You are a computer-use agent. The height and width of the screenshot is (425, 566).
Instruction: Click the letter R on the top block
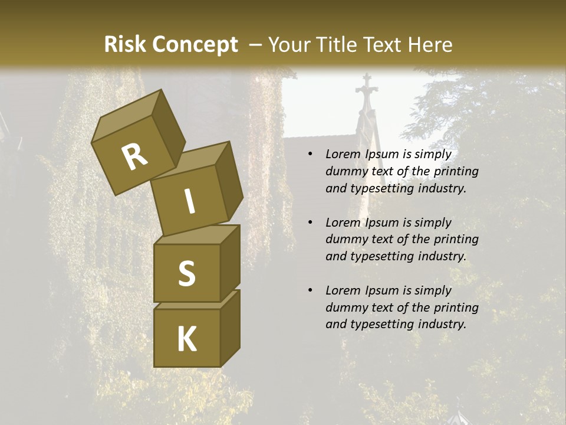click(x=134, y=157)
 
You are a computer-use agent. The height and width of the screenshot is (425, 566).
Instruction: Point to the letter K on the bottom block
click(x=187, y=339)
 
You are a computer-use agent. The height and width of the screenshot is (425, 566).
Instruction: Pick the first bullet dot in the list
click(x=310, y=155)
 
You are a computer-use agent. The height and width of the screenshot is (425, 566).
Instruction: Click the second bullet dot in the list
click(x=310, y=223)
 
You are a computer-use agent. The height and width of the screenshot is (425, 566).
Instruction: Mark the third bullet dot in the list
click(x=310, y=290)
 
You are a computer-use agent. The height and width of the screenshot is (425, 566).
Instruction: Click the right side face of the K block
click(x=230, y=328)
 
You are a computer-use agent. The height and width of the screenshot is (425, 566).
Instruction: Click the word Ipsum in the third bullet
click(x=382, y=290)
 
